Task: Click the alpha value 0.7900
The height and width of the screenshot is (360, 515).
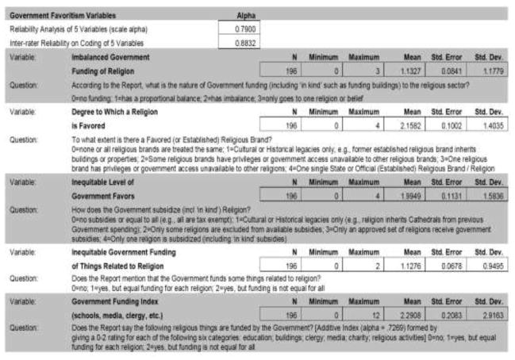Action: (x=241, y=28)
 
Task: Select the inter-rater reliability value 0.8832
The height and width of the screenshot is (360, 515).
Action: (x=241, y=42)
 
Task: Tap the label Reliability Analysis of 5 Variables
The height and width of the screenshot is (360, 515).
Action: (x=71, y=29)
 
